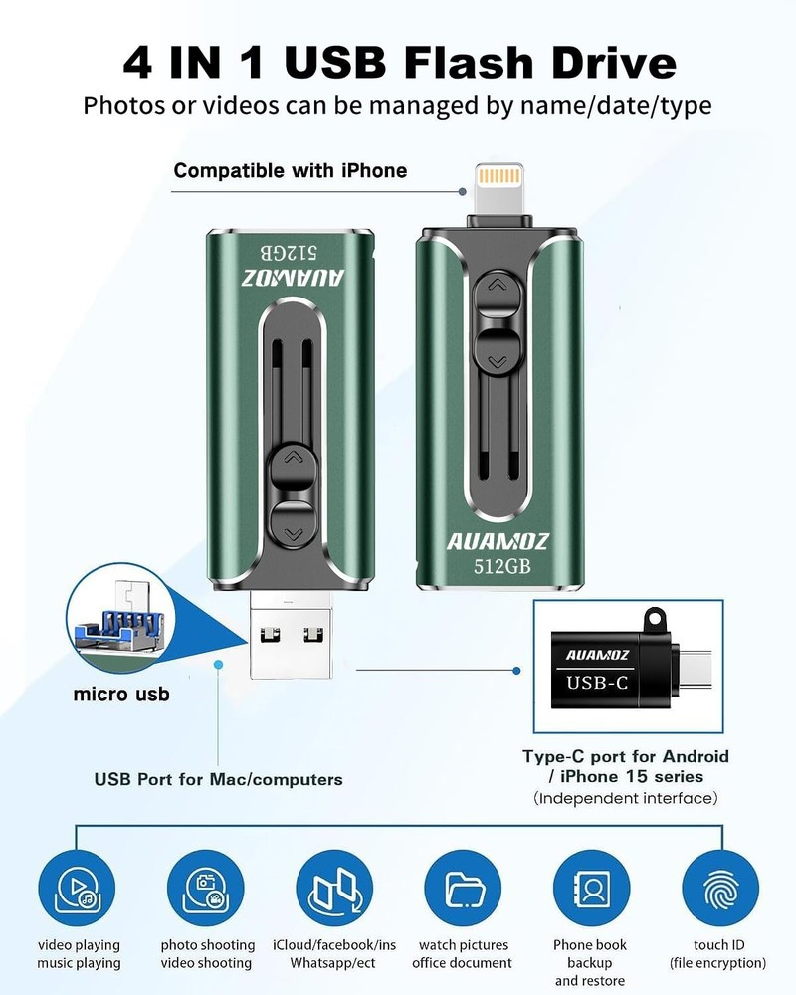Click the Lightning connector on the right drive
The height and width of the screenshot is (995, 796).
click(x=500, y=189)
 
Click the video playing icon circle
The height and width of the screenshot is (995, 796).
click(x=77, y=888)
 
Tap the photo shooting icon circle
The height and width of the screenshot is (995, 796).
click(x=206, y=888)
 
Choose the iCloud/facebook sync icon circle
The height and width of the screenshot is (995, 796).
click(x=334, y=888)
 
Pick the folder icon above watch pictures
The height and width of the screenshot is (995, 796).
click(x=463, y=888)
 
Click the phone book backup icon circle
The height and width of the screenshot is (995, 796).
click(x=592, y=888)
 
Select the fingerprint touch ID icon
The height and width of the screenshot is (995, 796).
click(x=720, y=888)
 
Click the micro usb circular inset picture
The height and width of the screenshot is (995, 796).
click(x=120, y=618)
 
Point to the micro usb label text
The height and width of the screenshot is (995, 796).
click(x=121, y=694)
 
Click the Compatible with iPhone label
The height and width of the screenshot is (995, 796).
click(x=291, y=171)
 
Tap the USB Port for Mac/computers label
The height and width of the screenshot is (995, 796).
click(x=218, y=779)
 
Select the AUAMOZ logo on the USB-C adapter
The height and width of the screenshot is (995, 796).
click(x=597, y=655)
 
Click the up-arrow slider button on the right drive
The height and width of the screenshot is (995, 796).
click(x=497, y=291)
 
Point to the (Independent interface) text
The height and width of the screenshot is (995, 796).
click(x=626, y=798)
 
